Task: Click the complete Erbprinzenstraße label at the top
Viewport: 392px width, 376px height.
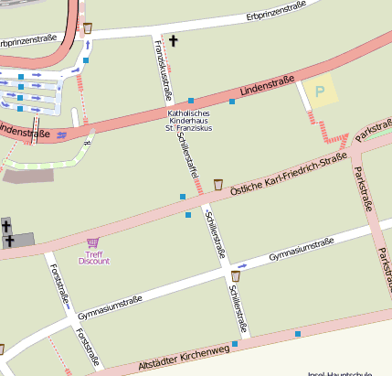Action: coord(275,11)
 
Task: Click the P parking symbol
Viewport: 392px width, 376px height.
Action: coord(320,91)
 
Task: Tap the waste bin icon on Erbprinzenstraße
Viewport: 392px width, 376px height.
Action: coord(88,27)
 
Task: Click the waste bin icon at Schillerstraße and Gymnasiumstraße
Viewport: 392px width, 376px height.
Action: coord(236,275)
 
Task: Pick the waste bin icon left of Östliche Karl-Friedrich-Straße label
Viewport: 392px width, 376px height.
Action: coord(218,185)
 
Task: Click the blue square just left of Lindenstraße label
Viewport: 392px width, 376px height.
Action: coord(232,102)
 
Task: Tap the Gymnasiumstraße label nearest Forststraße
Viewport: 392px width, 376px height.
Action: coord(110,307)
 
